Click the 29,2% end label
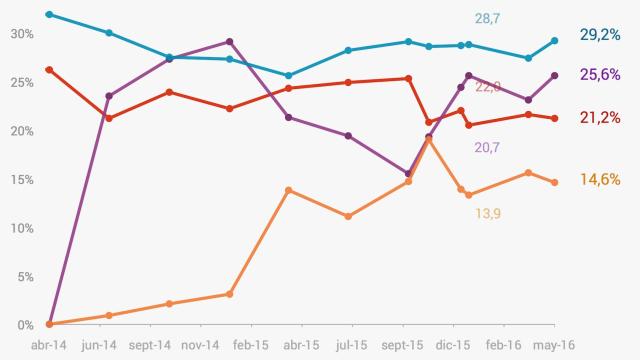click(x=600, y=34)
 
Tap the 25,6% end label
click(x=600, y=74)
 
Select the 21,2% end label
click(x=600, y=118)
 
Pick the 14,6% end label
click(x=600, y=180)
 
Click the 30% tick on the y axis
click(x=21, y=34)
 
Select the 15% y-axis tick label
click(x=21, y=180)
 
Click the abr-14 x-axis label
click(x=50, y=344)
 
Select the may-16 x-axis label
click(x=555, y=344)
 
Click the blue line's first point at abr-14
click(x=49, y=15)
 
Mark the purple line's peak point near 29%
click(x=230, y=42)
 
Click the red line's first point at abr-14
click(x=49, y=69)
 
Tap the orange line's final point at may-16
click(x=555, y=182)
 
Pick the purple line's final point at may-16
click(x=555, y=75)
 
